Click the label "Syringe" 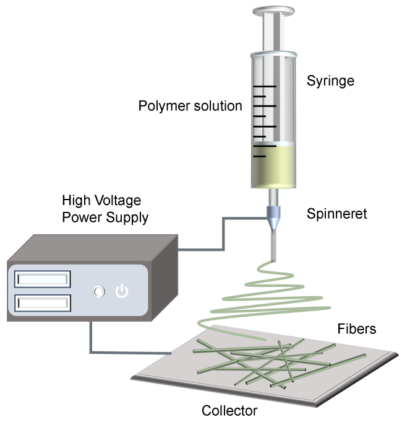pyautogui.click(x=330, y=81)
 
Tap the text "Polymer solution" pyautogui.click(x=190, y=106)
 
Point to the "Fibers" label pyautogui.click(x=356, y=329)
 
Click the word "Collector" pyautogui.click(x=229, y=410)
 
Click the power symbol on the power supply pyautogui.click(x=122, y=291)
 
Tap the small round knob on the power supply pyautogui.click(x=97, y=291)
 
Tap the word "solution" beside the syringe pyautogui.click(x=216, y=106)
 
